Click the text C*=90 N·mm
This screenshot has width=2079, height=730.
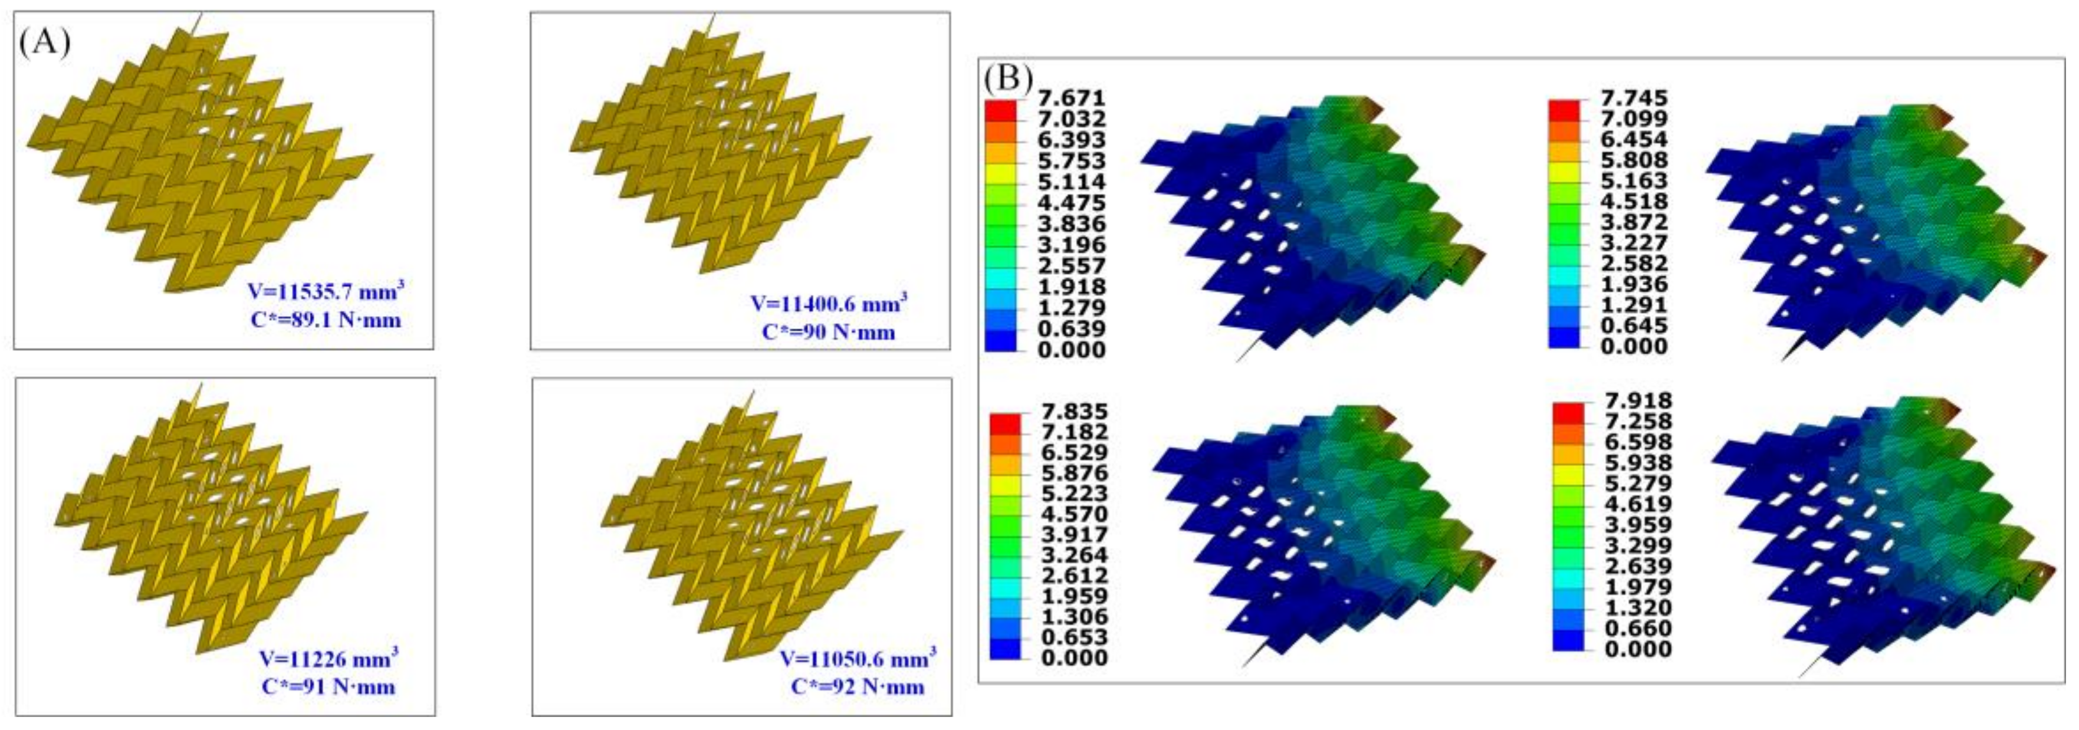tap(828, 333)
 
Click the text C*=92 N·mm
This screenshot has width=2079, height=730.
tap(857, 687)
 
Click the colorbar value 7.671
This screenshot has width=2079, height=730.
tap(1071, 98)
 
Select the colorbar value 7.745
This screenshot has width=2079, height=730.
tap(1634, 98)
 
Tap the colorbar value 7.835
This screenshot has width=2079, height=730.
tap(1073, 412)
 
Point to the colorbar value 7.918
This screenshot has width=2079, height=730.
tap(1637, 401)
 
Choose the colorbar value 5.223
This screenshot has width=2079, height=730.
tap(1073, 494)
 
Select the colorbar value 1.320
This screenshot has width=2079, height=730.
tap(1637, 607)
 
